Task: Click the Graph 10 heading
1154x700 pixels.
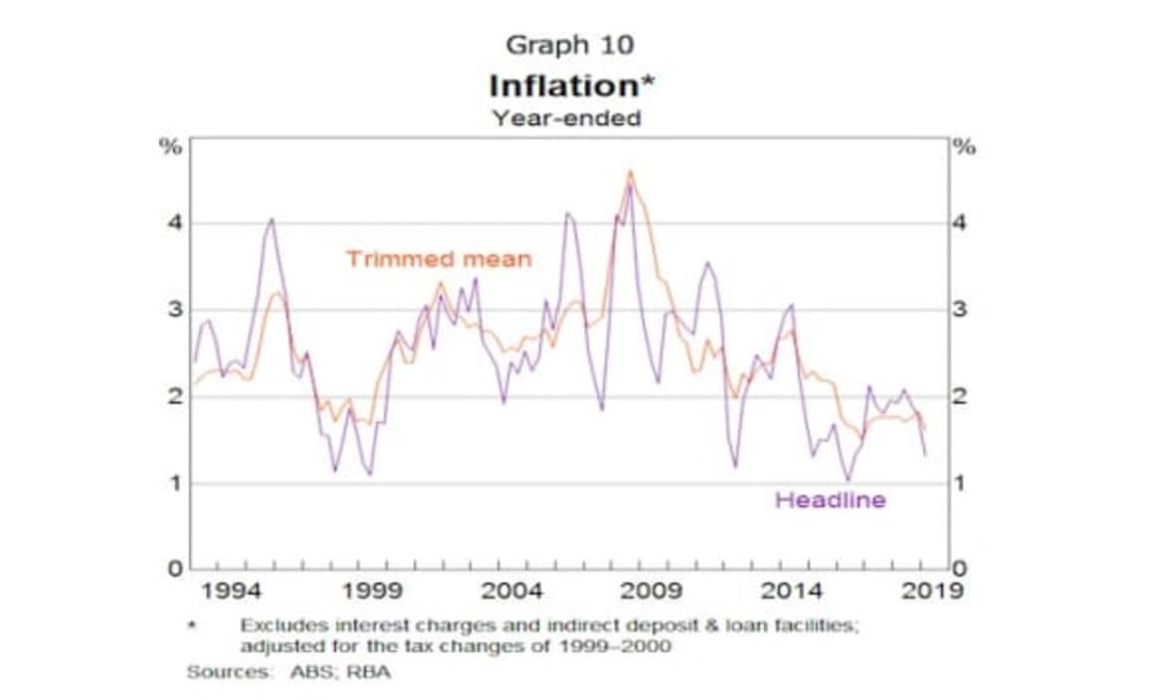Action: click(569, 45)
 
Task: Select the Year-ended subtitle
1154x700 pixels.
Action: click(567, 117)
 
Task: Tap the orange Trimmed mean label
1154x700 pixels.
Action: click(439, 260)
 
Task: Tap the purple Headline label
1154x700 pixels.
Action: click(830, 500)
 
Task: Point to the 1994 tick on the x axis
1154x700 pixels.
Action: click(232, 591)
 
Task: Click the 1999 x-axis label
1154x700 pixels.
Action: click(371, 591)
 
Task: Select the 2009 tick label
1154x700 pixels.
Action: click(652, 591)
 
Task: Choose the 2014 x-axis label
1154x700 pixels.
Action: click(792, 591)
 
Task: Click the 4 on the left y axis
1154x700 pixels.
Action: click(175, 223)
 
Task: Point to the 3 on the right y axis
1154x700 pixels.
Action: click(959, 309)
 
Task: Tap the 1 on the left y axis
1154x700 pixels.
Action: click(175, 483)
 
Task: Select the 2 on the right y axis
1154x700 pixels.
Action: click(959, 397)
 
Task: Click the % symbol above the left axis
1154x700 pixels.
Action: click(173, 147)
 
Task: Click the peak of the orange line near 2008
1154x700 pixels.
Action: click(630, 172)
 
